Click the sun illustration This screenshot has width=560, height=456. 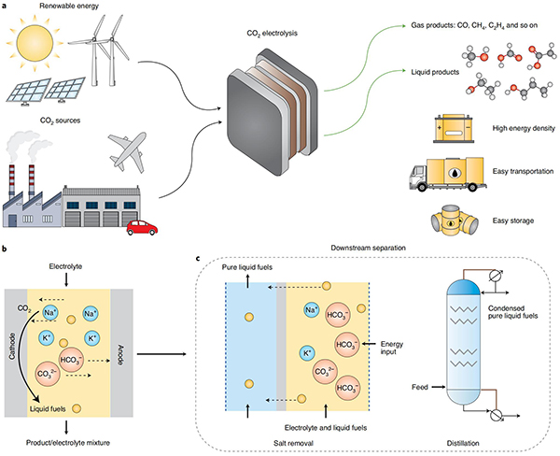pos(35,43)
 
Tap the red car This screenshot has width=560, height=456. pos(142,228)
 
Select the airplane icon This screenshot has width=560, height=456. pos(128,151)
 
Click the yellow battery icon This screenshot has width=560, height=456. pos(454,129)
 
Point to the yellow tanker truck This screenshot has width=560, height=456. pos(447,174)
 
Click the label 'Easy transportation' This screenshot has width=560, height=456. pos(523,171)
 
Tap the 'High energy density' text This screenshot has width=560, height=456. pos(524,128)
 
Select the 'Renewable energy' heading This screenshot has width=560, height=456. pos(69,7)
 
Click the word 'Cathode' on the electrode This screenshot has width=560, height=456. pos(12,346)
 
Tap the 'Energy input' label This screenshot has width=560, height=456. pos(391,348)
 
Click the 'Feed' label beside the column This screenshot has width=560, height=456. pos(420,387)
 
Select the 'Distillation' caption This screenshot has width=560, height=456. pos(463,443)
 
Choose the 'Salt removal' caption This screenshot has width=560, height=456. pos(293,443)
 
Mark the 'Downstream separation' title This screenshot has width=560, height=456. pos(369,248)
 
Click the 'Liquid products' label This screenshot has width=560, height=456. pos(435,72)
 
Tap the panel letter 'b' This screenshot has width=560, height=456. pos(4,248)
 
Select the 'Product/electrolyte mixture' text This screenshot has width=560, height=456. pos(68,443)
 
